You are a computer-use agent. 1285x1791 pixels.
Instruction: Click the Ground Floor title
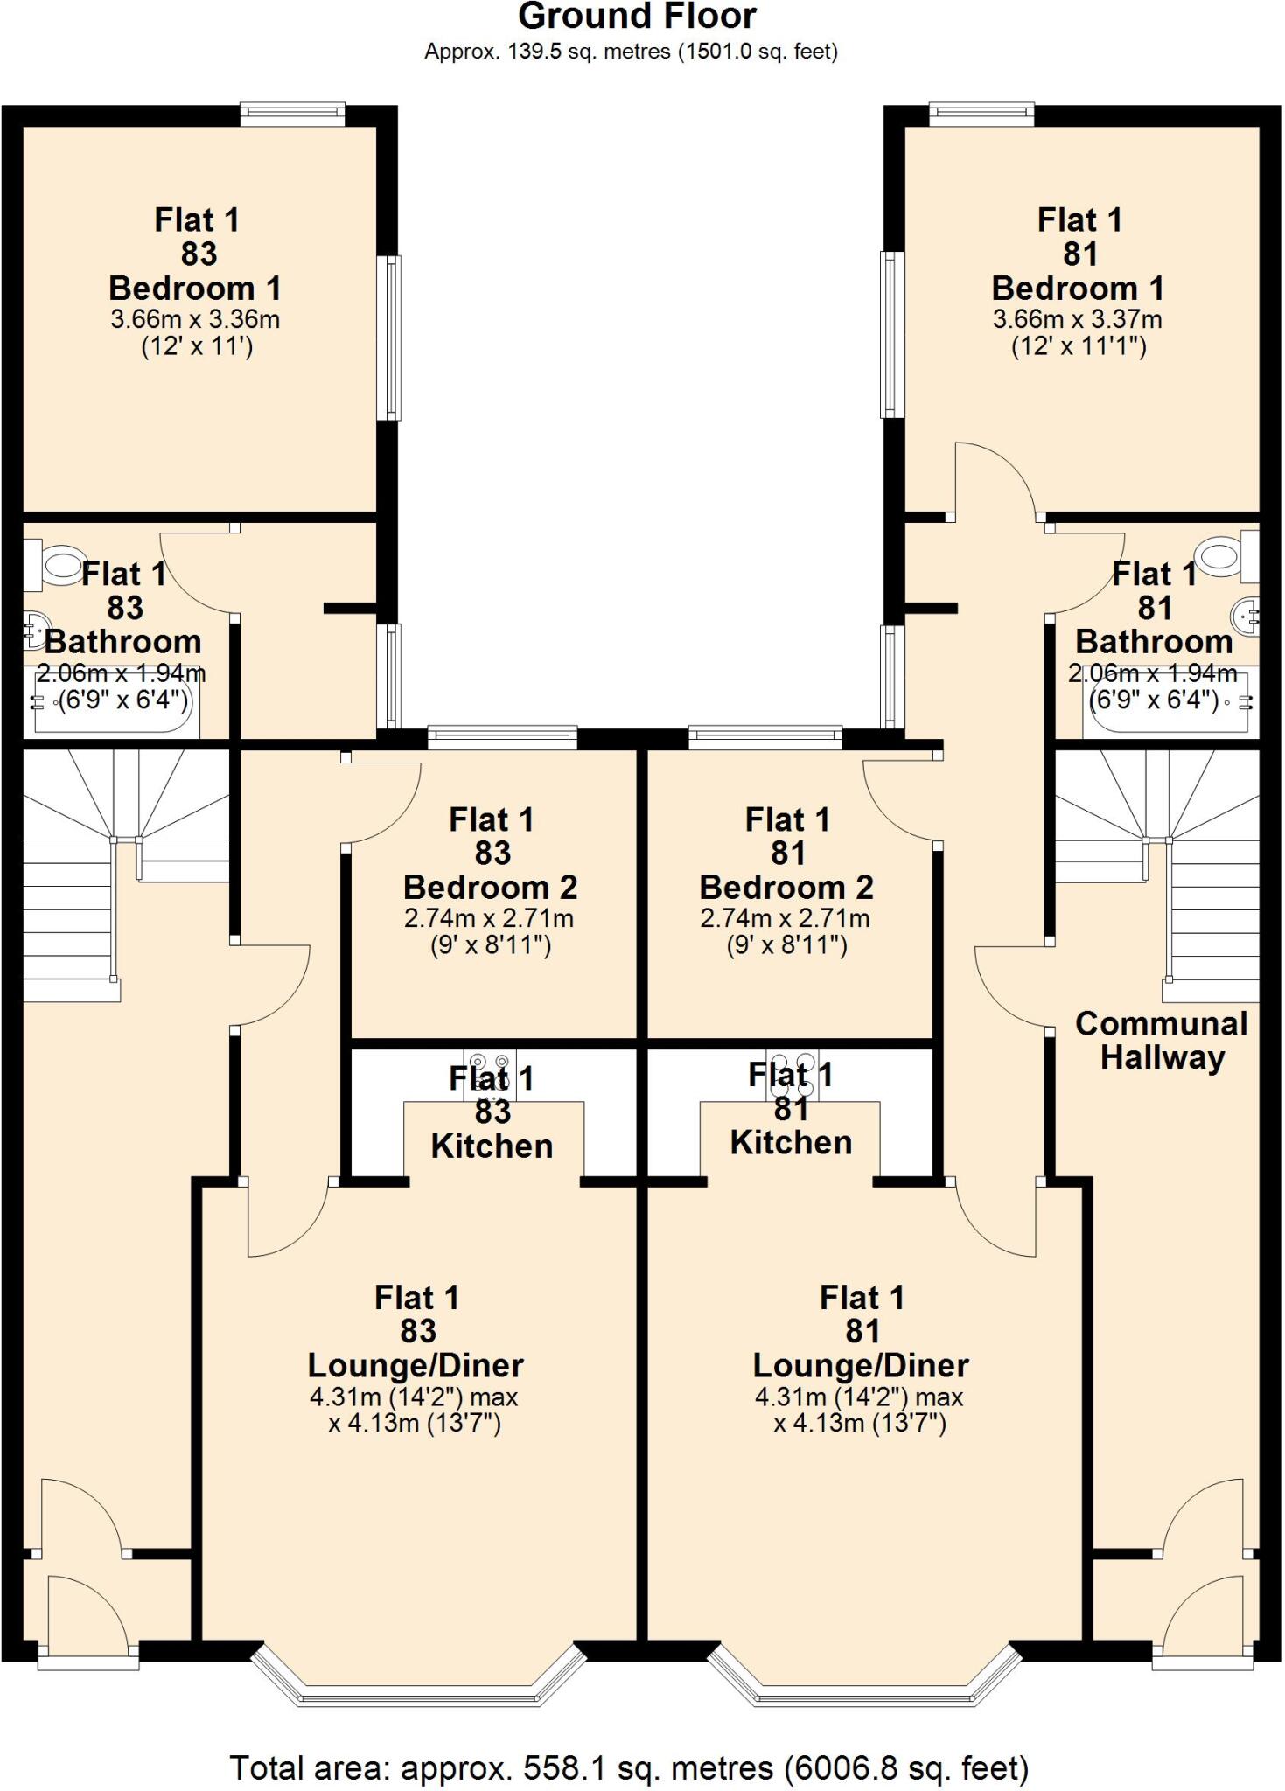637,17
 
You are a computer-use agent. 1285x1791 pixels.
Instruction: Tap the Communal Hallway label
1161,1040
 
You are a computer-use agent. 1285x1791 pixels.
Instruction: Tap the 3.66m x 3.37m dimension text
1077,319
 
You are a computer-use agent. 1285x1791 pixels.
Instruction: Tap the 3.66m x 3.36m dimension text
195,319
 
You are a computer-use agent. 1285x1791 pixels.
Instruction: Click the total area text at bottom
629,1767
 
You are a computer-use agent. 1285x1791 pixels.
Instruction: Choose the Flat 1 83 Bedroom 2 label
491,854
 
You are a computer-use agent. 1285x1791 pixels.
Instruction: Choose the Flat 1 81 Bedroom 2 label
786,854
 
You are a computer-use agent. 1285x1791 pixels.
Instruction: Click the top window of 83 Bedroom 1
293,112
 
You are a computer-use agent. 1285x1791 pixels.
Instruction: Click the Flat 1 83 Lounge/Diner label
416,1331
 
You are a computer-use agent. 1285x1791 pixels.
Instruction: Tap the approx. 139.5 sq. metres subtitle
631,52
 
